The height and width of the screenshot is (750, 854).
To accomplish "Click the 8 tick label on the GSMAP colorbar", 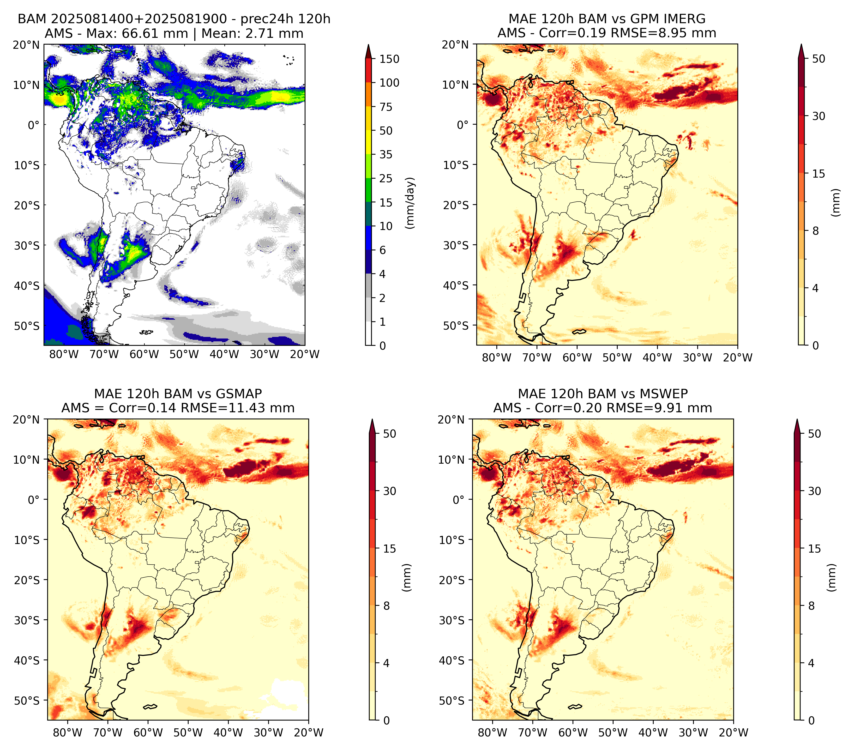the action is coord(387,606).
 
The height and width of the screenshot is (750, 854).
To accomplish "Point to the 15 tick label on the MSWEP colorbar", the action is coord(814,549).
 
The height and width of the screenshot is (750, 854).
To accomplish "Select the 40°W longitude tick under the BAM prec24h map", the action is coord(224,354).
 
